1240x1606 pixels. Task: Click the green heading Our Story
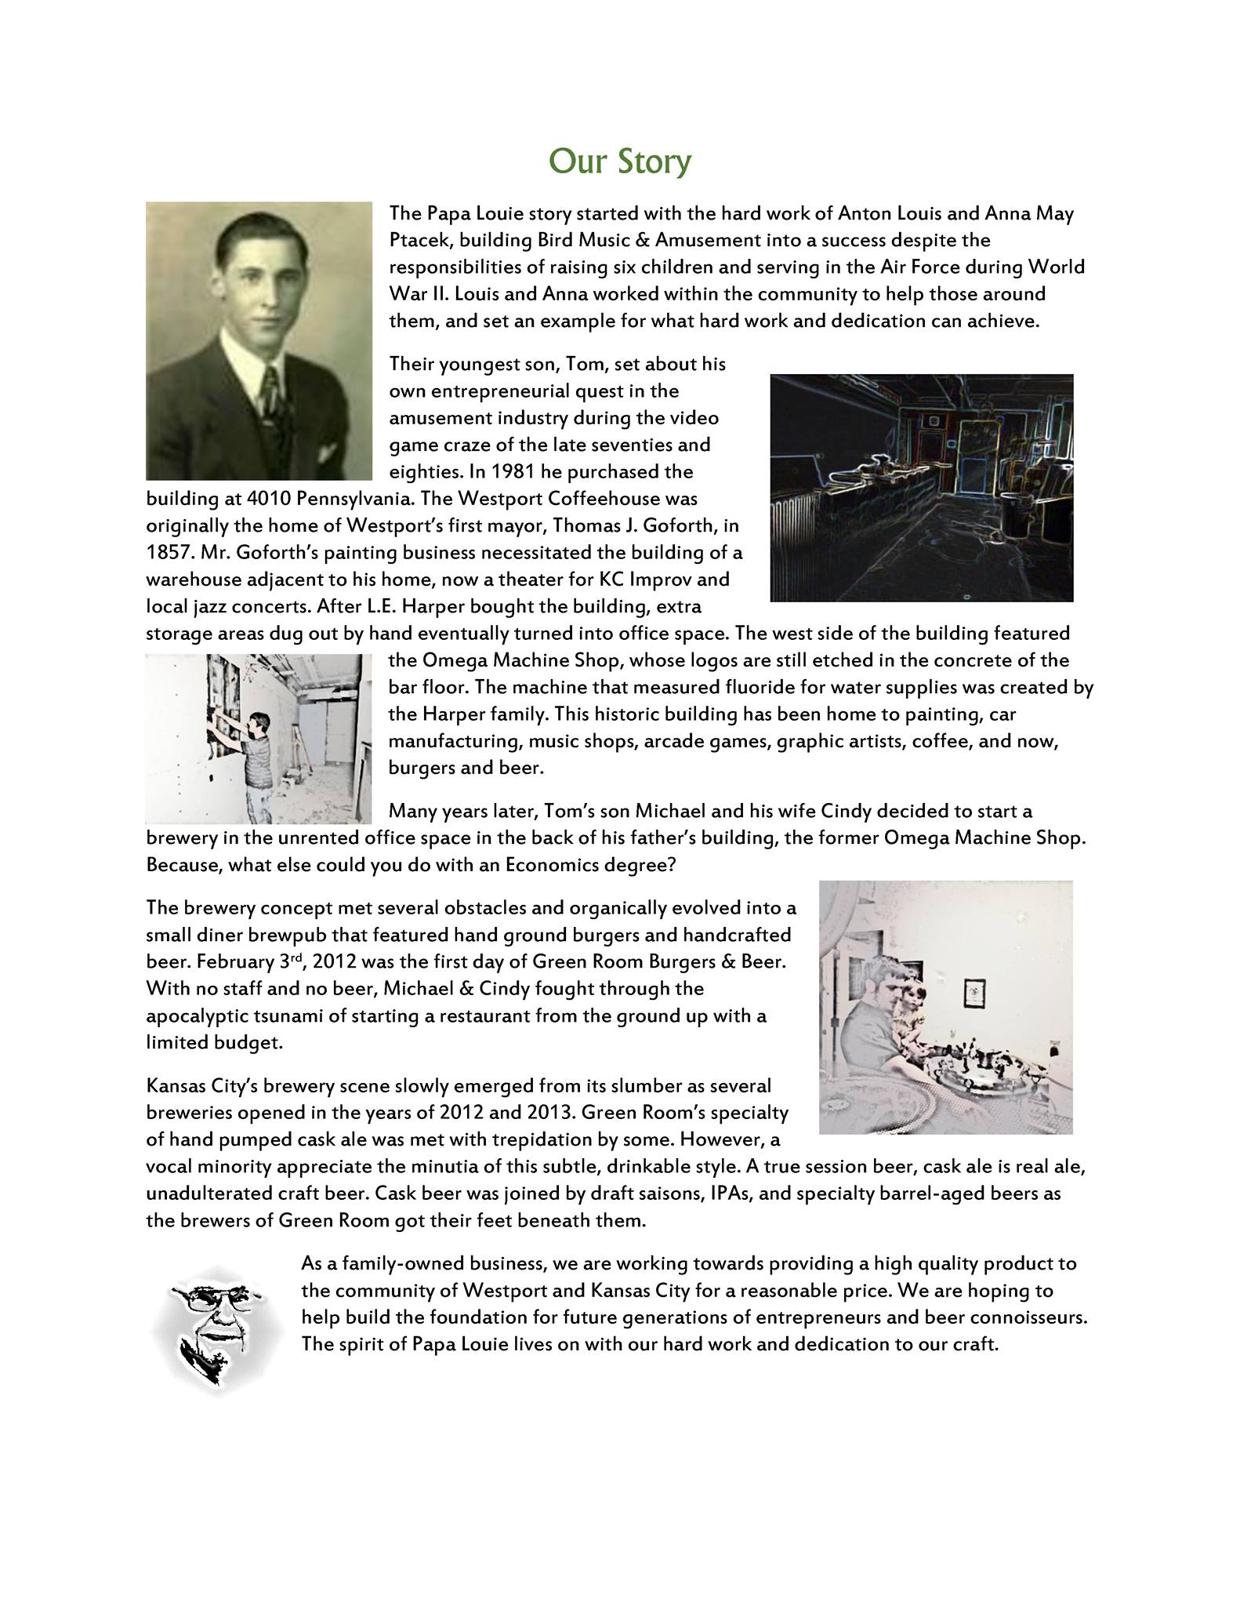point(620,162)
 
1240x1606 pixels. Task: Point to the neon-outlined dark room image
point(921,487)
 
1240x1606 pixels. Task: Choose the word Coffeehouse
point(621,499)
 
